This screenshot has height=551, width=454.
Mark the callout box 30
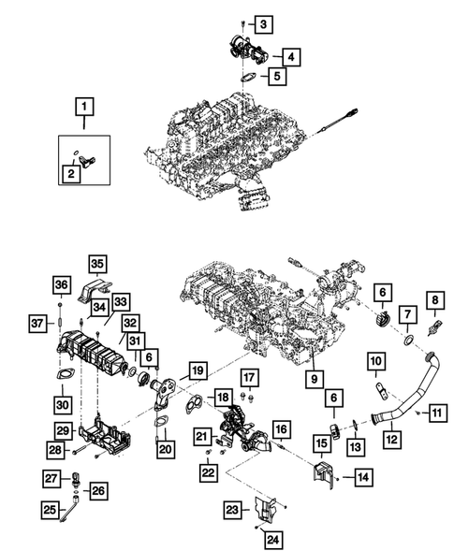pyautogui.click(x=63, y=404)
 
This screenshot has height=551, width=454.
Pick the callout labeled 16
pyautogui.click(x=281, y=428)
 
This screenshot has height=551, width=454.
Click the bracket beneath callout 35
pyautogui.click(x=97, y=293)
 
